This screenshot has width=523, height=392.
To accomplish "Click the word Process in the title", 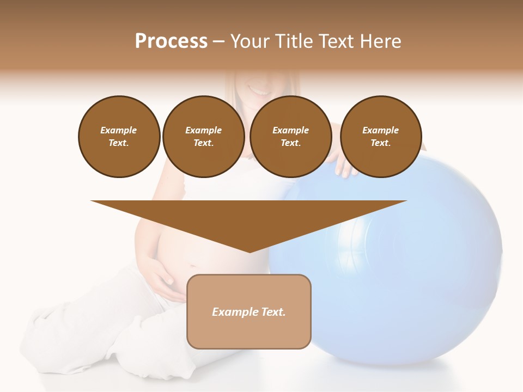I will click(x=171, y=41).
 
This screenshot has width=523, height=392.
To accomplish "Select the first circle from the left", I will click(x=119, y=137).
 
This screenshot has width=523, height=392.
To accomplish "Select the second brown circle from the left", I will click(x=204, y=137).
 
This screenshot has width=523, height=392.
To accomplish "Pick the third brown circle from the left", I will click(x=291, y=137).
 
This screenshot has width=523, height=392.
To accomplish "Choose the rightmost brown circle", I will click(x=381, y=137).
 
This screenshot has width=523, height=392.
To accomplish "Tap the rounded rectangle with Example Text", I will click(x=249, y=311).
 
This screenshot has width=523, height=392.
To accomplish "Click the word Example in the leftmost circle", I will click(x=119, y=130).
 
